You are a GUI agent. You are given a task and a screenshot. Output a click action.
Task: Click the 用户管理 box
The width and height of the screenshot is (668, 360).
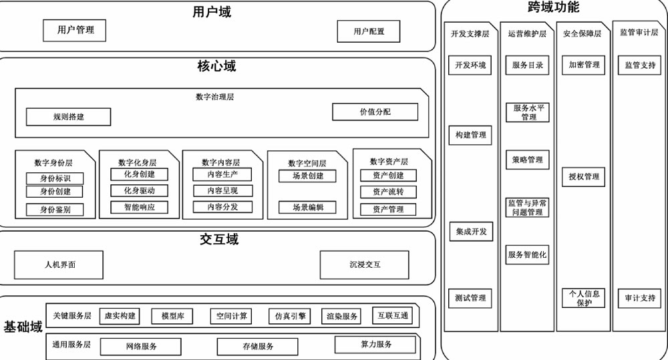pos(74,30)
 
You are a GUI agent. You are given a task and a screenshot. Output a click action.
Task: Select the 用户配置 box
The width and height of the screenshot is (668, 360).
pos(369,31)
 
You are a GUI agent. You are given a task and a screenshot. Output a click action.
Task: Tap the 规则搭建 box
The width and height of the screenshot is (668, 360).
pos(68,117)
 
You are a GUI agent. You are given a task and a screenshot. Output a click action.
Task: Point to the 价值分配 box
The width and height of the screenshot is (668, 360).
pos(375,112)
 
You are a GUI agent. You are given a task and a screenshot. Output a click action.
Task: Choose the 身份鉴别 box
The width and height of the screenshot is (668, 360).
pos(55,210)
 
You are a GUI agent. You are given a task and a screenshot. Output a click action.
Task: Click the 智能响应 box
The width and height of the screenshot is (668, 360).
pos(139,207)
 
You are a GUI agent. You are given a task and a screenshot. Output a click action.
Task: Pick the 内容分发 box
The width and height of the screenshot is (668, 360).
pos(222,207)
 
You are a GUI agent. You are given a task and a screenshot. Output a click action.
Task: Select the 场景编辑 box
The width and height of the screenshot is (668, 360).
pos(307,208)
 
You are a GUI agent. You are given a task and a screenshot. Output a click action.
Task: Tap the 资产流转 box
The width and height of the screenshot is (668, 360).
pos(388,192)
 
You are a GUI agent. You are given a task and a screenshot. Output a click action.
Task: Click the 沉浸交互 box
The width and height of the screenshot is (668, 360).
pos(364,264)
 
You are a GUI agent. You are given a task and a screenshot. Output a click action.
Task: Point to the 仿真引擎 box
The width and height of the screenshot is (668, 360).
pos(291,316)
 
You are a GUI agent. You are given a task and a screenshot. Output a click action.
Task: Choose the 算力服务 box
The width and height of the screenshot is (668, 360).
pos(375,345)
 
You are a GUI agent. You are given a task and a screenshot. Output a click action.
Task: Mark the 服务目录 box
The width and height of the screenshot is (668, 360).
pos(528,65)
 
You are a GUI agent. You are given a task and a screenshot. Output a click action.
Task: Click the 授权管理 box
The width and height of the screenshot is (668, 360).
pos(583,177)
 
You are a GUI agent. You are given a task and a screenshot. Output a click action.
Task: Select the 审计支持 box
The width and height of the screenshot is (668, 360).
pos(639,299)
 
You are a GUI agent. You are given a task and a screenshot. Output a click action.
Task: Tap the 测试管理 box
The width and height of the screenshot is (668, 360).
pos(470,298)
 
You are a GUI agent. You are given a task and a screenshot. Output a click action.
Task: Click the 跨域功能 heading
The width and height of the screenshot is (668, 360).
pos(553,8)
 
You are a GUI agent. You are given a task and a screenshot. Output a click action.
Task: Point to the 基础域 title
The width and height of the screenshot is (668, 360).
pos(23,327)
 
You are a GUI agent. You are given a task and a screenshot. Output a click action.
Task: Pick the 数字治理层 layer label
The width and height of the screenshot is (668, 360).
pos(214,97)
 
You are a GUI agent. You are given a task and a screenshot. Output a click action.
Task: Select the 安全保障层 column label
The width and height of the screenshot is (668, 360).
pos(582,33)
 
